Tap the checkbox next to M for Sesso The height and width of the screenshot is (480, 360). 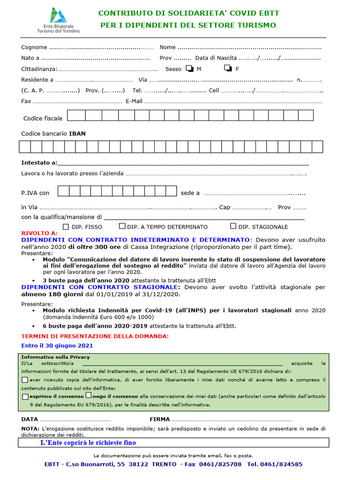coord(189,68)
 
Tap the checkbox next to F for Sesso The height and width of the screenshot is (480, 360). coord(228,68)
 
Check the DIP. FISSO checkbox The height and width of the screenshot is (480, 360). coord(66,226)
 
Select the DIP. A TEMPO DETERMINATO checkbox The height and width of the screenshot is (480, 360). coord(122,226)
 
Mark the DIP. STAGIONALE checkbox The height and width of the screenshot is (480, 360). coord(233,226)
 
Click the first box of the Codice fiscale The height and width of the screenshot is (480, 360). coord(79,115)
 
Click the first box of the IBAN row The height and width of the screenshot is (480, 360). coord(24,147)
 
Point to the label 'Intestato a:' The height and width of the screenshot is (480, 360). coord(39,163)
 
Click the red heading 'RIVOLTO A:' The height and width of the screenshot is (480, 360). coord(39,233)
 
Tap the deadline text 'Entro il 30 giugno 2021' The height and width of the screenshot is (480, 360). coord(57,345)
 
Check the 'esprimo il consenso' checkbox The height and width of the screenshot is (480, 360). coord(25,397)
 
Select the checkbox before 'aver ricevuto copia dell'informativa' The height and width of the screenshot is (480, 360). coord(25,380)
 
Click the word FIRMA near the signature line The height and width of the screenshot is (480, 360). coord(160,420)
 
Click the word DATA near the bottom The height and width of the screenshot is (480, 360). coord(30,420)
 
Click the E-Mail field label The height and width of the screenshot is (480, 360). coord(134,101)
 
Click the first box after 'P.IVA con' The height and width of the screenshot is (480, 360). coord(63,191)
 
